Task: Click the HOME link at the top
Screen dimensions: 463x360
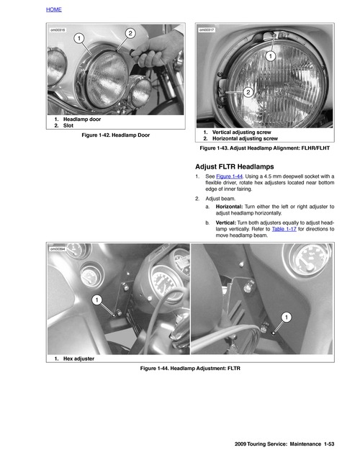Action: point(54,11)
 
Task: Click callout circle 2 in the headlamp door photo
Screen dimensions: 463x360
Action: point(130,33)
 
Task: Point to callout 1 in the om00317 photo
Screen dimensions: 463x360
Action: point(269,55)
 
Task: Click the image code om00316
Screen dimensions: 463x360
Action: point(58,30)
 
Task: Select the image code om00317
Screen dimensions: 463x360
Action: point(207,30)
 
